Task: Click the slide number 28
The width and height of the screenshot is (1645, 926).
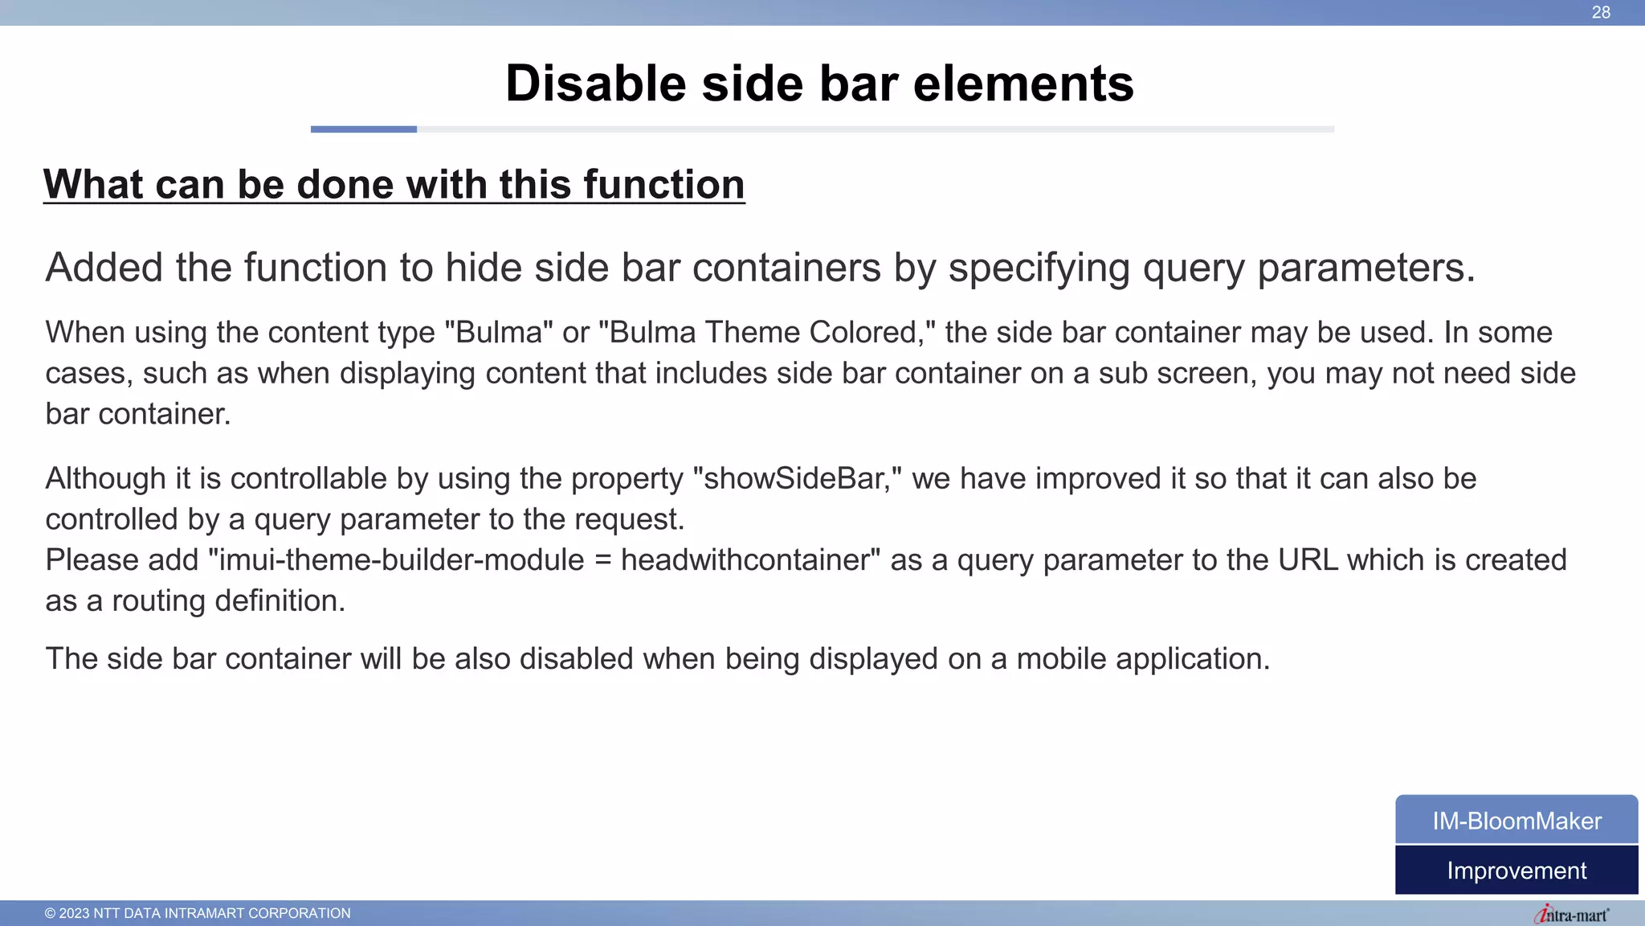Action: tap(1601, 12)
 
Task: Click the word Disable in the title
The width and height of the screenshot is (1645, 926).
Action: tap(595, 84)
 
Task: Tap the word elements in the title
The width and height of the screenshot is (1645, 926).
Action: tap(1023, 84)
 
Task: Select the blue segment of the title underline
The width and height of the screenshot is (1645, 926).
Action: tap(363, 129)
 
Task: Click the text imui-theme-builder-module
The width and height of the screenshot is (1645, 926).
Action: tap(402, 559)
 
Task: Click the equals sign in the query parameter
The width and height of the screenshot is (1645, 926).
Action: tap(602, 560)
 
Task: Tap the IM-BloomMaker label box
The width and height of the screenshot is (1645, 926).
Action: tap(1516, 821)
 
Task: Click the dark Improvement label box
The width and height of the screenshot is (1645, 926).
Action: tap(1516, 871)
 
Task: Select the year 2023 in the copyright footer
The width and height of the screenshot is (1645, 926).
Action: tap(74, 913)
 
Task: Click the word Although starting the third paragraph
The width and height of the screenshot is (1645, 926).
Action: tap(105, 478)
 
